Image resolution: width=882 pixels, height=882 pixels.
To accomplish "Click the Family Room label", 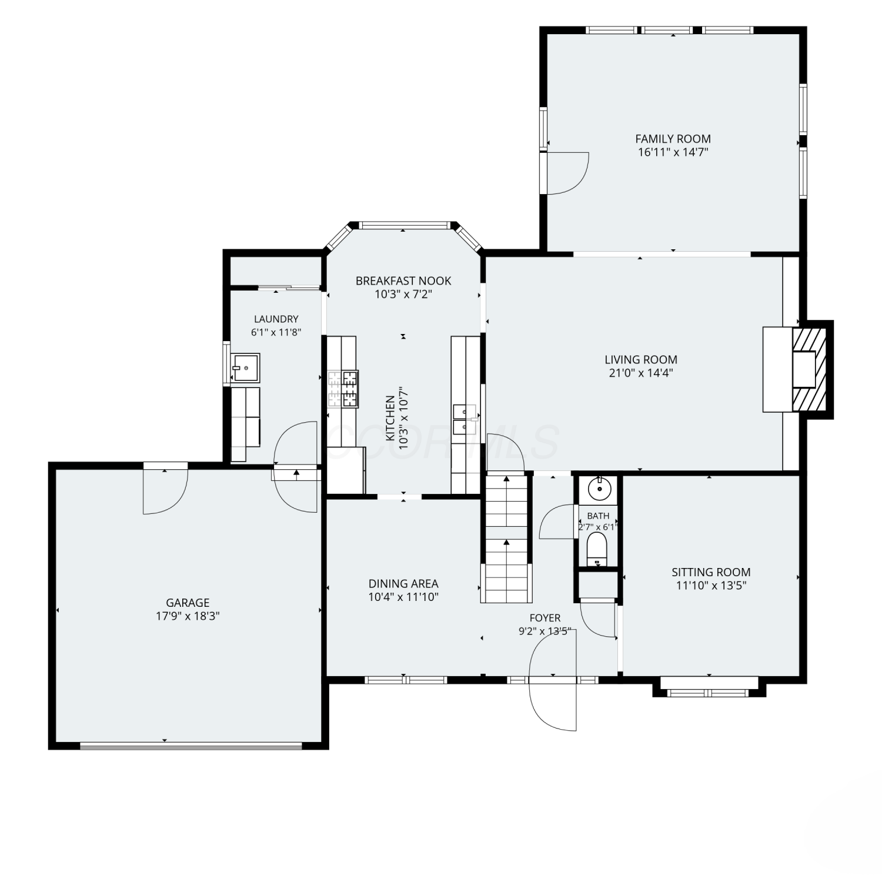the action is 673,139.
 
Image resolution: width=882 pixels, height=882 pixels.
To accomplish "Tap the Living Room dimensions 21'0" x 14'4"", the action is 641,373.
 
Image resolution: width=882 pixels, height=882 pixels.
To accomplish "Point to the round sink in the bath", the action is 598,488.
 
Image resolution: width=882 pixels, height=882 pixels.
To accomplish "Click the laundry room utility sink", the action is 245,368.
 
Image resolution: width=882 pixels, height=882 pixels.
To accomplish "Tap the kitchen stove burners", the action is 343,389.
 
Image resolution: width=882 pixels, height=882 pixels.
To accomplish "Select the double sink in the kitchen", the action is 465,419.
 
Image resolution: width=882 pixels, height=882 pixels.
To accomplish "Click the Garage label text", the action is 188,603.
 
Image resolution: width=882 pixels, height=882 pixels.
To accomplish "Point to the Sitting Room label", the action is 711,572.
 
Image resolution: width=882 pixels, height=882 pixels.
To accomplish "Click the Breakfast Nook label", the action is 403,281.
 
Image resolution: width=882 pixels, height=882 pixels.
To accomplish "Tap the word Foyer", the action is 545,618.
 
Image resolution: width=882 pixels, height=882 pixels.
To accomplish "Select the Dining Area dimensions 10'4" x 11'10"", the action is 403,597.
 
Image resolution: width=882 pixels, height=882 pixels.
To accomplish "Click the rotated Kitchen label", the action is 390,418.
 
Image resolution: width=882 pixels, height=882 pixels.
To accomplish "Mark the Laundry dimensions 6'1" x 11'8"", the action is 276,332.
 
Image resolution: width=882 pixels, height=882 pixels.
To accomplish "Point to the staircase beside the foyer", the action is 506,539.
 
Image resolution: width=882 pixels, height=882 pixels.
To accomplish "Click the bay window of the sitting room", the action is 710,689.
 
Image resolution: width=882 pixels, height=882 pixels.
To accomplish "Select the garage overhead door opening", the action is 191,746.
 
